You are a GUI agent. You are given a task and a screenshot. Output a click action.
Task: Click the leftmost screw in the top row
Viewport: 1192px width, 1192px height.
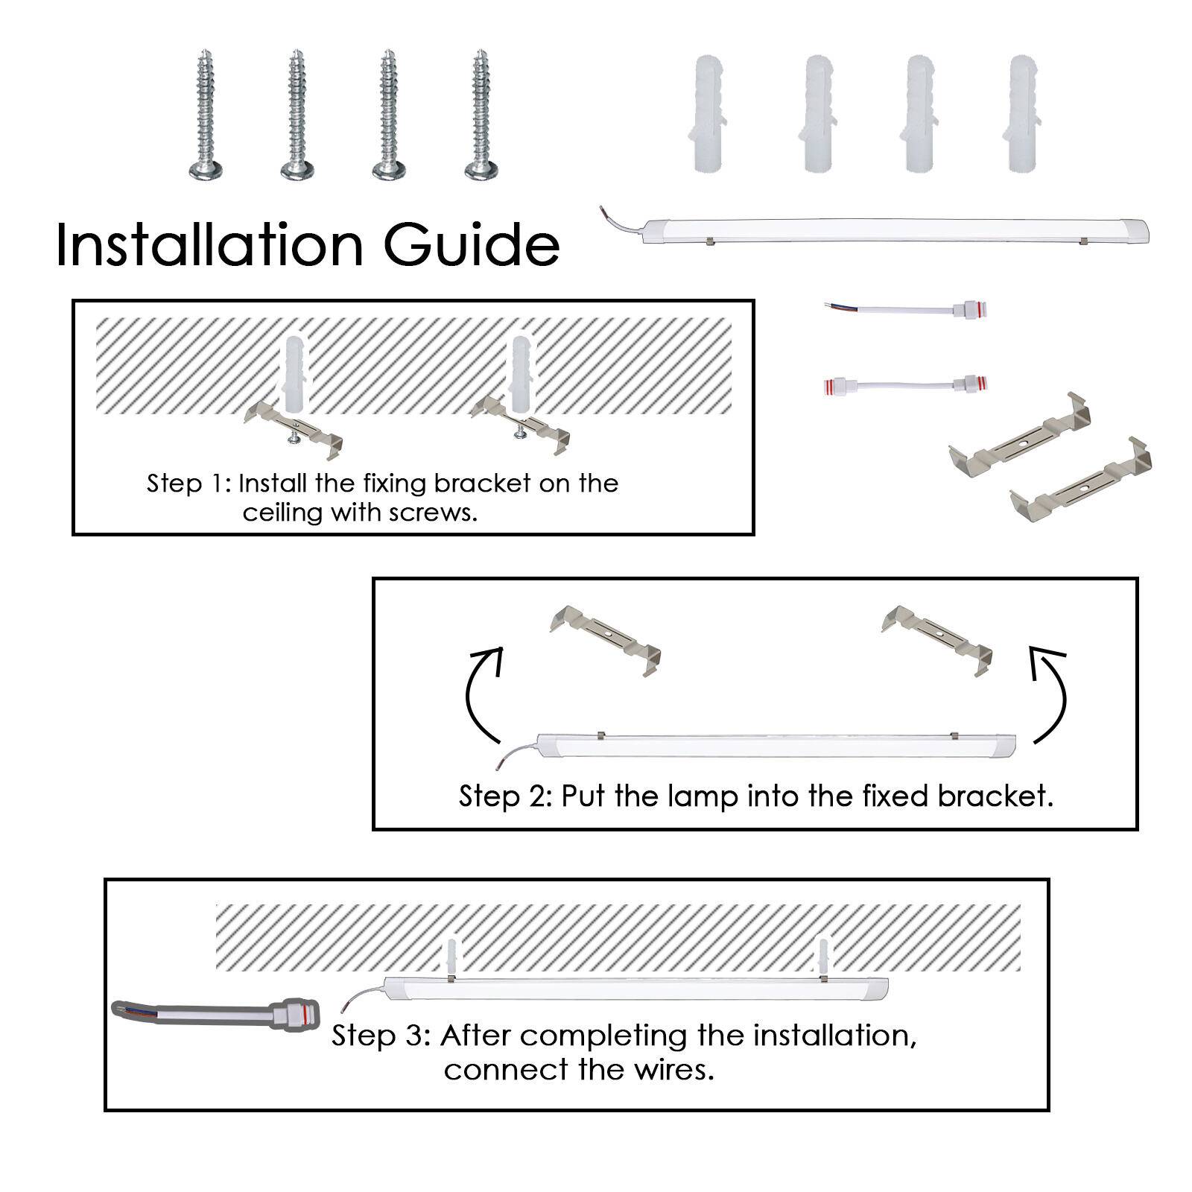tap(206, 115)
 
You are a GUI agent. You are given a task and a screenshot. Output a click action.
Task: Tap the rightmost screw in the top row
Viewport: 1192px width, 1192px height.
tap(481, 115)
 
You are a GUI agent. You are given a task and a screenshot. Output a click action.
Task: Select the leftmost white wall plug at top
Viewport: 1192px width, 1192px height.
tap(707, 113)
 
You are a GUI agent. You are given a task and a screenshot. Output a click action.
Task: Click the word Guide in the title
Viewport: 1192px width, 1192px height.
tap(472, 244)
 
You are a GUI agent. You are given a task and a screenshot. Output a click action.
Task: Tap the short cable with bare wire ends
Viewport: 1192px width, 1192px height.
tap(906, 308)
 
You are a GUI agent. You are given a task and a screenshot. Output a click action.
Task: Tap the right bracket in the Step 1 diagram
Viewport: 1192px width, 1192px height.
tap(521, 426)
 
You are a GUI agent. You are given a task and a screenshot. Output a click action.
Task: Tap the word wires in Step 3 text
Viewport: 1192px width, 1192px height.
tap(674, 1070)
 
